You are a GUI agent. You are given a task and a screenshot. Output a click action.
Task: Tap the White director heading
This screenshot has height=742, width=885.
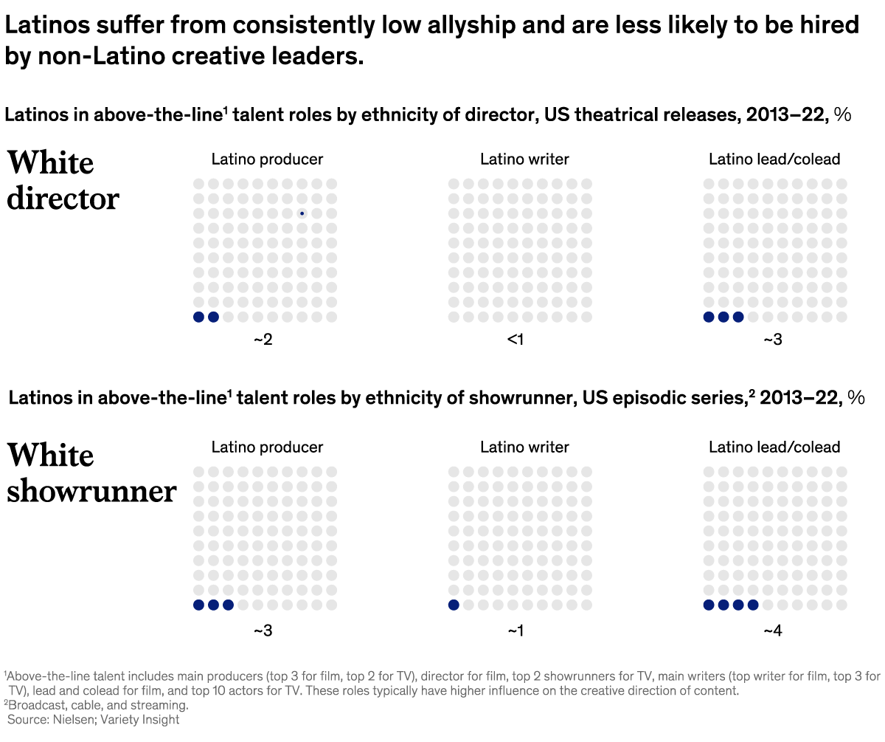point(63,180)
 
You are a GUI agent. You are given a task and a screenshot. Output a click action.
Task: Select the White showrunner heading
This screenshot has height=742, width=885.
point(91,473)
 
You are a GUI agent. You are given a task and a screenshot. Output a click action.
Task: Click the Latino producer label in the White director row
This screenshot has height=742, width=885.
point(267,159)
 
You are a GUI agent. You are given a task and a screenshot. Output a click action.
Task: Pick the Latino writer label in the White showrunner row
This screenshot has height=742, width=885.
point(524,447)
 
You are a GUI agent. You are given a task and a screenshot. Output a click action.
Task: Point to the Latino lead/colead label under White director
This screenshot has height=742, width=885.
point(774,159)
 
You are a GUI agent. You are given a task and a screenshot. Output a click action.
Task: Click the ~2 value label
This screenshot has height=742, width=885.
point(264,340)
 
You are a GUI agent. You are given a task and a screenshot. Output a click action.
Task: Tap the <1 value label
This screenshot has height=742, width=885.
point(516,340)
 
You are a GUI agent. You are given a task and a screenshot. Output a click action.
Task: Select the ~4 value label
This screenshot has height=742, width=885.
point(773,631)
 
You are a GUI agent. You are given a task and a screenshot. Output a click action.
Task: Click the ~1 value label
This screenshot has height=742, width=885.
point(516,631)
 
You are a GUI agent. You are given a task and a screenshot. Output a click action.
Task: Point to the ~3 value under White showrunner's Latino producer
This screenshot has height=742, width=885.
point(264,631)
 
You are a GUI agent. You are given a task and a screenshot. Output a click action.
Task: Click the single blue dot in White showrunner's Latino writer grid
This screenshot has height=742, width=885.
point(454,605)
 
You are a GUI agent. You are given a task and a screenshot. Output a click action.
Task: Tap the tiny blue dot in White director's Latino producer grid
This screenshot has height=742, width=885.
point(302,213)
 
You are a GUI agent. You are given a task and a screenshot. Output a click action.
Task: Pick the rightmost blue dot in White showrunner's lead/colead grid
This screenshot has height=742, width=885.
point(752,605)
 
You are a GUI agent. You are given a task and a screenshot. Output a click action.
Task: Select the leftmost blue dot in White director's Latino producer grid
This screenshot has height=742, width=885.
point(198,317)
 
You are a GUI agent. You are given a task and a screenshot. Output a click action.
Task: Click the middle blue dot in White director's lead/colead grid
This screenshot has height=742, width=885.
point(723,317)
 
